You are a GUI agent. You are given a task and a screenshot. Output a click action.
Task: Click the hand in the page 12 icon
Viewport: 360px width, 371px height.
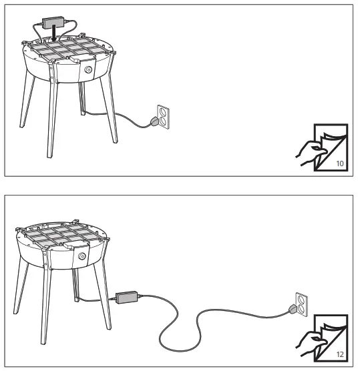(308, 341)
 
